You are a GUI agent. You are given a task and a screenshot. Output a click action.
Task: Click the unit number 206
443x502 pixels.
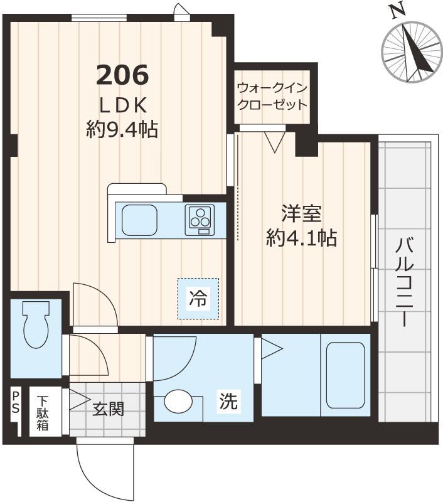click(122, 75)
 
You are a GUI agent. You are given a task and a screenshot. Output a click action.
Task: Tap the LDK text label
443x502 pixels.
click(122, 104)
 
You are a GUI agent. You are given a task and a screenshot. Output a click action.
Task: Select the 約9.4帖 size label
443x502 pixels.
click(122, 129)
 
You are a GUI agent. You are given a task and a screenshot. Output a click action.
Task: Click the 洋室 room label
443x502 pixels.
click(301, 213)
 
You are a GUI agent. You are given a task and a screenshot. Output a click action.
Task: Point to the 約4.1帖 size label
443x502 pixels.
click(301, 238)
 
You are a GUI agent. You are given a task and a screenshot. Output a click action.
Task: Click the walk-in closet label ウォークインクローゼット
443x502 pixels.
click(272, 96)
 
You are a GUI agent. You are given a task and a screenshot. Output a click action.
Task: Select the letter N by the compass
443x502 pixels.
click(395, 11)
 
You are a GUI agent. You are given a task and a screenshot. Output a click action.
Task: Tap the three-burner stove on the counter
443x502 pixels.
click(200, 220)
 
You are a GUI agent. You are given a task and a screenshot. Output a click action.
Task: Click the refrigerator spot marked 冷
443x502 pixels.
click(198, 299)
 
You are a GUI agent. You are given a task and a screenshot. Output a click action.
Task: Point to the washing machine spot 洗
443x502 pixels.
click(228, 402)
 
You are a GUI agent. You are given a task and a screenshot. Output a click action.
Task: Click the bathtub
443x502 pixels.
click(345, 374)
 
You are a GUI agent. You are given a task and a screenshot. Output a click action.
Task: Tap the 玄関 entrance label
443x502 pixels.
click(109, 409)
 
